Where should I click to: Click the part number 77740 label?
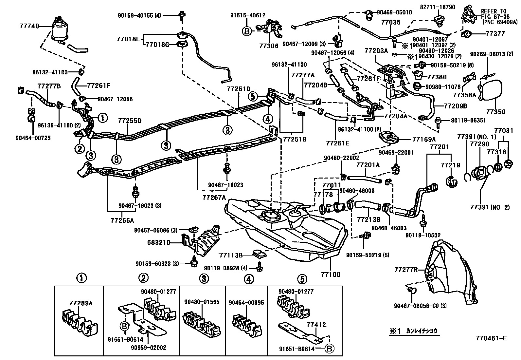click(30, 25)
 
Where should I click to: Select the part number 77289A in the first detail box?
click(81, 303)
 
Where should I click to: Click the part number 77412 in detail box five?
click(316, 325)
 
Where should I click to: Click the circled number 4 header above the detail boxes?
click(248, 279)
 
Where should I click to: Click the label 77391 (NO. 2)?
click(490, 207)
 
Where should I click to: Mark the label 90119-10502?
click(423, 235)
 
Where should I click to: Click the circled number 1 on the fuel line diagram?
click(103, 118)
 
